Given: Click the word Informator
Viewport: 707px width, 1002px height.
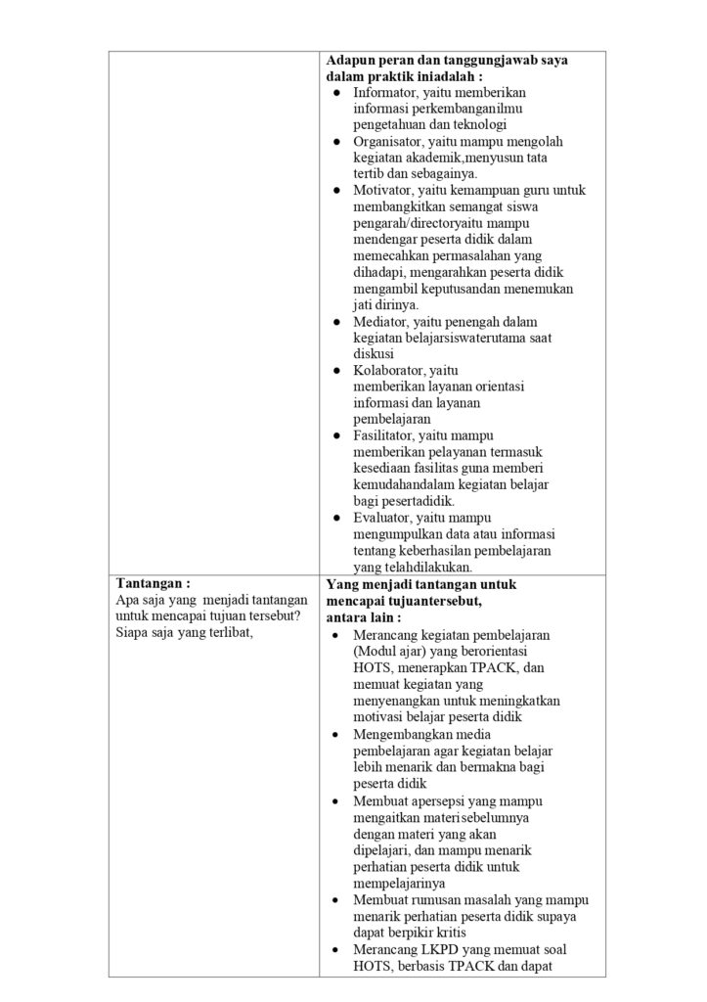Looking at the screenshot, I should tap(385, 92).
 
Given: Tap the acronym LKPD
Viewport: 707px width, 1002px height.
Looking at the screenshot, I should tap(429, 949).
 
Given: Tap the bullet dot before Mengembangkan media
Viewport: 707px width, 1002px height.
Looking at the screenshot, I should tap(335, 735).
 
